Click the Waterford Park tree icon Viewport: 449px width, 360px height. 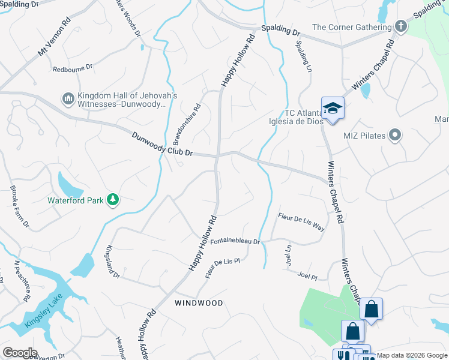click(x=112, y=199)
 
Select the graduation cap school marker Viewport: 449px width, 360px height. click(x=333, y=109)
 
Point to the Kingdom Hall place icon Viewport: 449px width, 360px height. click(x=68, y=97)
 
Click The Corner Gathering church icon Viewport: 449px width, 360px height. click(x=400, y=26)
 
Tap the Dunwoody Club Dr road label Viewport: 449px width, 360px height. click(x=163, y=145)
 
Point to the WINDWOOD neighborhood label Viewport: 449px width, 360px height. click(x=199, y=303)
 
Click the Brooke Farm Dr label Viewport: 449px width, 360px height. click(x=19, y=207)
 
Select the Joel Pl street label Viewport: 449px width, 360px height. click(x=307, y=275)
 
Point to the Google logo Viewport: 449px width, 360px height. click(x=20, y=353)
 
